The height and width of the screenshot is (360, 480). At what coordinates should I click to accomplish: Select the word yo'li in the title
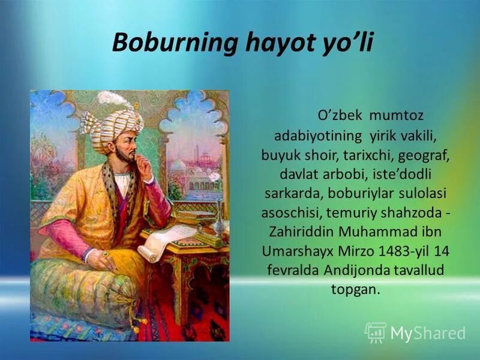347,44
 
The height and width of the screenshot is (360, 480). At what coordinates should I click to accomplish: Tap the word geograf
426,154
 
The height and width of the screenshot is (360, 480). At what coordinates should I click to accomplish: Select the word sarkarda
289,193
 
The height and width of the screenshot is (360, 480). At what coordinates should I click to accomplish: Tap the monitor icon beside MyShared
376,332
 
